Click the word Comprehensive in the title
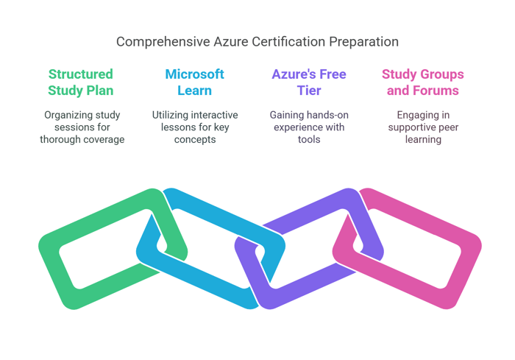click(163, 42)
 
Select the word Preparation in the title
click(364, 42)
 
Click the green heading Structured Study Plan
click(81, 82)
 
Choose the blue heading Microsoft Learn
click(195, 82)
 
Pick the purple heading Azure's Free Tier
click(309, 82)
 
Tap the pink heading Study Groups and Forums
click(423, 82)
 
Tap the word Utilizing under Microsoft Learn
click(170, 115)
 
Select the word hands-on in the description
click(325, 115)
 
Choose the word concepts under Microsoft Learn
click(195, 140)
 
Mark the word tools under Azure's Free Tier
click(309, 139)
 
